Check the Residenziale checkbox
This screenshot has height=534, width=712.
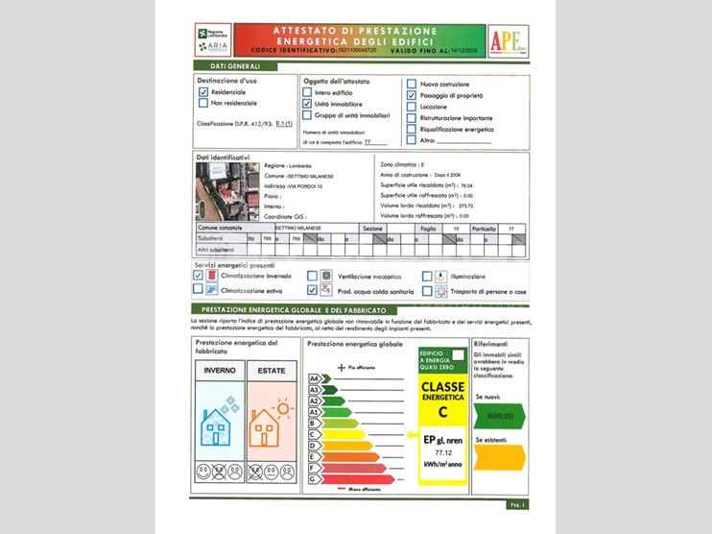203,91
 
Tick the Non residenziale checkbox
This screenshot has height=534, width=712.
203,103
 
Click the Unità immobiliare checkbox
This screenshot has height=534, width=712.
307,103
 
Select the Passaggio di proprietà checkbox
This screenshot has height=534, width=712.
412,96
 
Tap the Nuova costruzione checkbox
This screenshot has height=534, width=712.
412,85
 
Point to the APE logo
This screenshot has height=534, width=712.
507,41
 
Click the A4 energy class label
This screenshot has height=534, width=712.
313,379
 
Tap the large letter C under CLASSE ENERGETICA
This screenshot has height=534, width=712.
443,412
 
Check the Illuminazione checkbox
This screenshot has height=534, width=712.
428,277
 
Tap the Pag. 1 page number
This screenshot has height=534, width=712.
516,503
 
